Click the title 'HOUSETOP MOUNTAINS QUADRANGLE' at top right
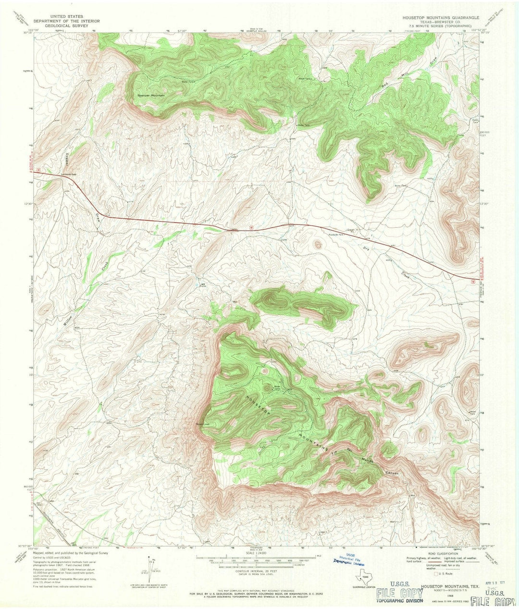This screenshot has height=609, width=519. click(x=436, y=17)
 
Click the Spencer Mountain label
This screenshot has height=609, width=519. click(x=151, y=96)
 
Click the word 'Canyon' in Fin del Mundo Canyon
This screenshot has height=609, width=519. click(x=392, y=473)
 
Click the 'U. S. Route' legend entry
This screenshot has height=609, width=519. click(x=445, y=574)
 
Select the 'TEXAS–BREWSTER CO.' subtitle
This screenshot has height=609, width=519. click(x=436, y=21)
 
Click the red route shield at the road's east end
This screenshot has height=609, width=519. click(x=474, y=278)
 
